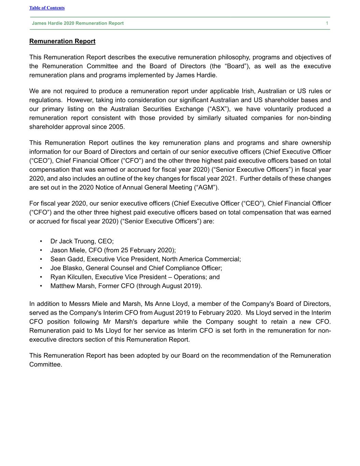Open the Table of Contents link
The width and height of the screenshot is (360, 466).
click(47, 8)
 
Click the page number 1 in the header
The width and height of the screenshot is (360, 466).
click(327, 23)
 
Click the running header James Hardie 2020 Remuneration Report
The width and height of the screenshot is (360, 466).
click(78, 23)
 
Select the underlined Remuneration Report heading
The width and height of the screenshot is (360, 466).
click(62, 41)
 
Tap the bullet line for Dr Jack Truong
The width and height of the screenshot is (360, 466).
click(82, 241)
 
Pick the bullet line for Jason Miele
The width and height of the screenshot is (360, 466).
click(113, 250)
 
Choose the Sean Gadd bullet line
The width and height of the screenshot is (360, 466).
click(145, 259)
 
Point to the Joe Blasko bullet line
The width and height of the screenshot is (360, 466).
click(136, 268)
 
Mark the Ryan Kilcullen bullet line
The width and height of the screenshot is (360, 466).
click(135, 277)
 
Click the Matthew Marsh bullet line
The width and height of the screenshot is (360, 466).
click(126, 286)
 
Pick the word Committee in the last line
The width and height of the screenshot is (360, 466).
click(45, 364)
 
